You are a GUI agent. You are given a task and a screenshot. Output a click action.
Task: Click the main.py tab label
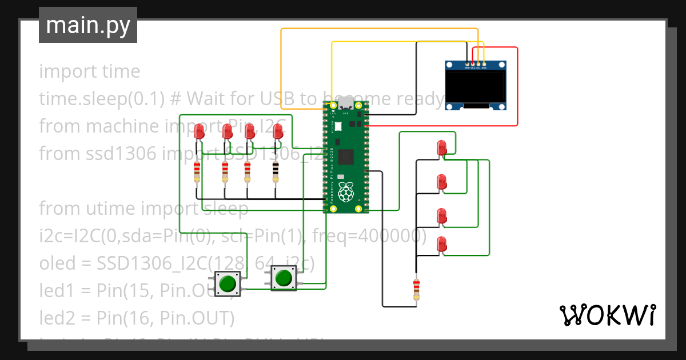click(88, 25)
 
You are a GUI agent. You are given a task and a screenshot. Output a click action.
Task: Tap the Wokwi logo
click(607, 314)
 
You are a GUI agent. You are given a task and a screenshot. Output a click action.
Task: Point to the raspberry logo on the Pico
click(345, 193)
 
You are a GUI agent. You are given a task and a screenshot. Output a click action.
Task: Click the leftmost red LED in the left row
click(199, 133)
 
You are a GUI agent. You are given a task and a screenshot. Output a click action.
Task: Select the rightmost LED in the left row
click(277, 133)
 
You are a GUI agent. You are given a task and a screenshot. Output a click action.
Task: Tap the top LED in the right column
click(441, 148)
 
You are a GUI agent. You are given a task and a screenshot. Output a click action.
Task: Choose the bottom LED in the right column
click(441, 244)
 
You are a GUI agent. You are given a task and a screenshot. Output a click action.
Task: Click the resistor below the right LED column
click(416, 289)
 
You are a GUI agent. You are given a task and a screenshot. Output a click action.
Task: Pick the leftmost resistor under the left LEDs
click(197, 170)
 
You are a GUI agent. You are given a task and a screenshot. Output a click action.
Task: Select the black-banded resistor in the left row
click(276, 170)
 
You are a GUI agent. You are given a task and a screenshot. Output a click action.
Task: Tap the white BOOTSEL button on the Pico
click(337, 127)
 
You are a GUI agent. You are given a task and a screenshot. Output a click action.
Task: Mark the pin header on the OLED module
click(476, 63)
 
